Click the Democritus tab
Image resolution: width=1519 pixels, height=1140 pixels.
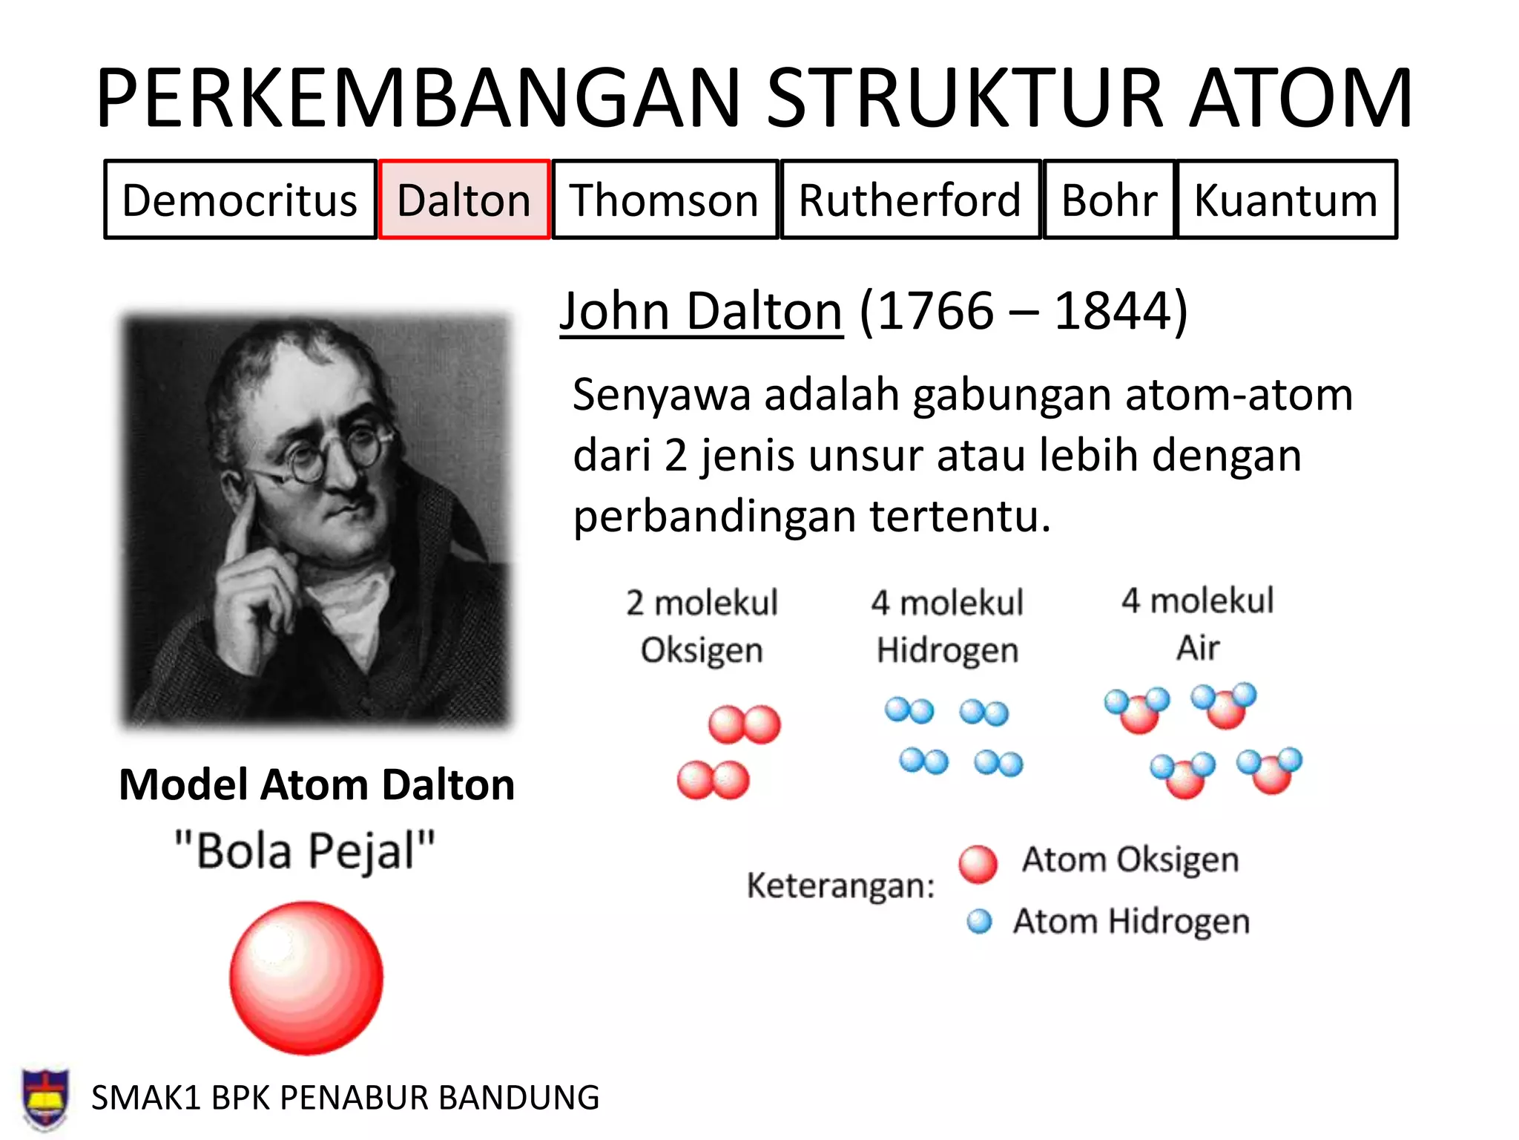(x=240, y=200)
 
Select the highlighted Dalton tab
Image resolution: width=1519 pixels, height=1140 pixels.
(x=464, y=200)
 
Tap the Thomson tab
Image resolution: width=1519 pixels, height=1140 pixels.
(x=665, y=200)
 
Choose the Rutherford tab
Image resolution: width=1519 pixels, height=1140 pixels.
(x=910, y=200)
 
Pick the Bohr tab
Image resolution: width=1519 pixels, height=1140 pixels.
(x=1109, y=200)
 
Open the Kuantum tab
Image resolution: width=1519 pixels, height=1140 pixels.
(x=1286, y=200)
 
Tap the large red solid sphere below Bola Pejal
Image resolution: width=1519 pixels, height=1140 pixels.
(x=306, y=977)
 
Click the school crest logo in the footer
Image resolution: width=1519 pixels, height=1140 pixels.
(x=46, y=1098)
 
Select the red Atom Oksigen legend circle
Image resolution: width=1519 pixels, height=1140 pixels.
(x=978, y=864)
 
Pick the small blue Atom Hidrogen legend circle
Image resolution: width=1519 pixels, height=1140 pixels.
(x=979, y=922)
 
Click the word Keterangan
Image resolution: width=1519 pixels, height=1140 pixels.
(x=840, y=885)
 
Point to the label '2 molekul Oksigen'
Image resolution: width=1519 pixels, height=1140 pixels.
(x=702, y=626)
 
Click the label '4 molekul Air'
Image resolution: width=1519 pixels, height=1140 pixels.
(x=1197, y=623)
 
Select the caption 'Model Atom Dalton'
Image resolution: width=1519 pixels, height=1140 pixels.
(x=317, y=784)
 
